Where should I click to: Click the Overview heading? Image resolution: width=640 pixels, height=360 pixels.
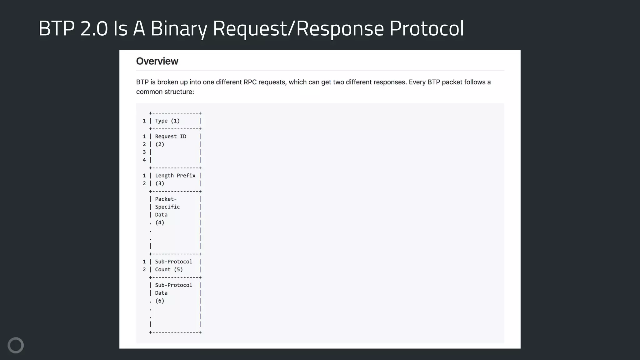coord(157,61)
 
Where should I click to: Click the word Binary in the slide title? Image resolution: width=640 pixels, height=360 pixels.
coord(179,28)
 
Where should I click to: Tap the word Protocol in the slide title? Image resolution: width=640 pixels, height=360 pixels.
coord(427,28)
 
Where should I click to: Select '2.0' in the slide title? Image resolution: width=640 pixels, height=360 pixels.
coord(94,28)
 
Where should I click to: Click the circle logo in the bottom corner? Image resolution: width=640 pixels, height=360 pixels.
coord(16,345)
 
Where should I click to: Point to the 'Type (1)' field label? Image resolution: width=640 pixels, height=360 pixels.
coord(167,121)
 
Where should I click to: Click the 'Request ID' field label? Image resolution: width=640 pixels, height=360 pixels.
coord(170,137)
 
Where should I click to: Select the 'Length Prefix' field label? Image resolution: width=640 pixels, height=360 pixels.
coord(175,176)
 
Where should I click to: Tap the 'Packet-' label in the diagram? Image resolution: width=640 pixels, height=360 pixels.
coord(166,199)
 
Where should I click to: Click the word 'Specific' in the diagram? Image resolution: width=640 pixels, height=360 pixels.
coord(167,207)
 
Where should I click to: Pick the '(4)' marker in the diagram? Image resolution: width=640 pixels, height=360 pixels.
coord(160,222)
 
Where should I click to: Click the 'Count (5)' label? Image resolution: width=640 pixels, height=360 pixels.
coord(169,269)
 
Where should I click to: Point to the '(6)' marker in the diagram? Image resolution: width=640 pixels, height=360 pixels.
coord(160,301)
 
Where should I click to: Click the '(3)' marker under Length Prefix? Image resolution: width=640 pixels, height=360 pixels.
coord(160,183)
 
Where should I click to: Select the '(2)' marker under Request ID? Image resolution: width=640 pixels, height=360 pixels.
coord(160,144)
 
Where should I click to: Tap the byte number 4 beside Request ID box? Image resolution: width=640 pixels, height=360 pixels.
coord(144,160)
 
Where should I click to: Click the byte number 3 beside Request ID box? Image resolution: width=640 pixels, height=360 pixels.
coord(144,152)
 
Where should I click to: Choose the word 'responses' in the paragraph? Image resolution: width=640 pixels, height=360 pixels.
coord(390,82)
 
